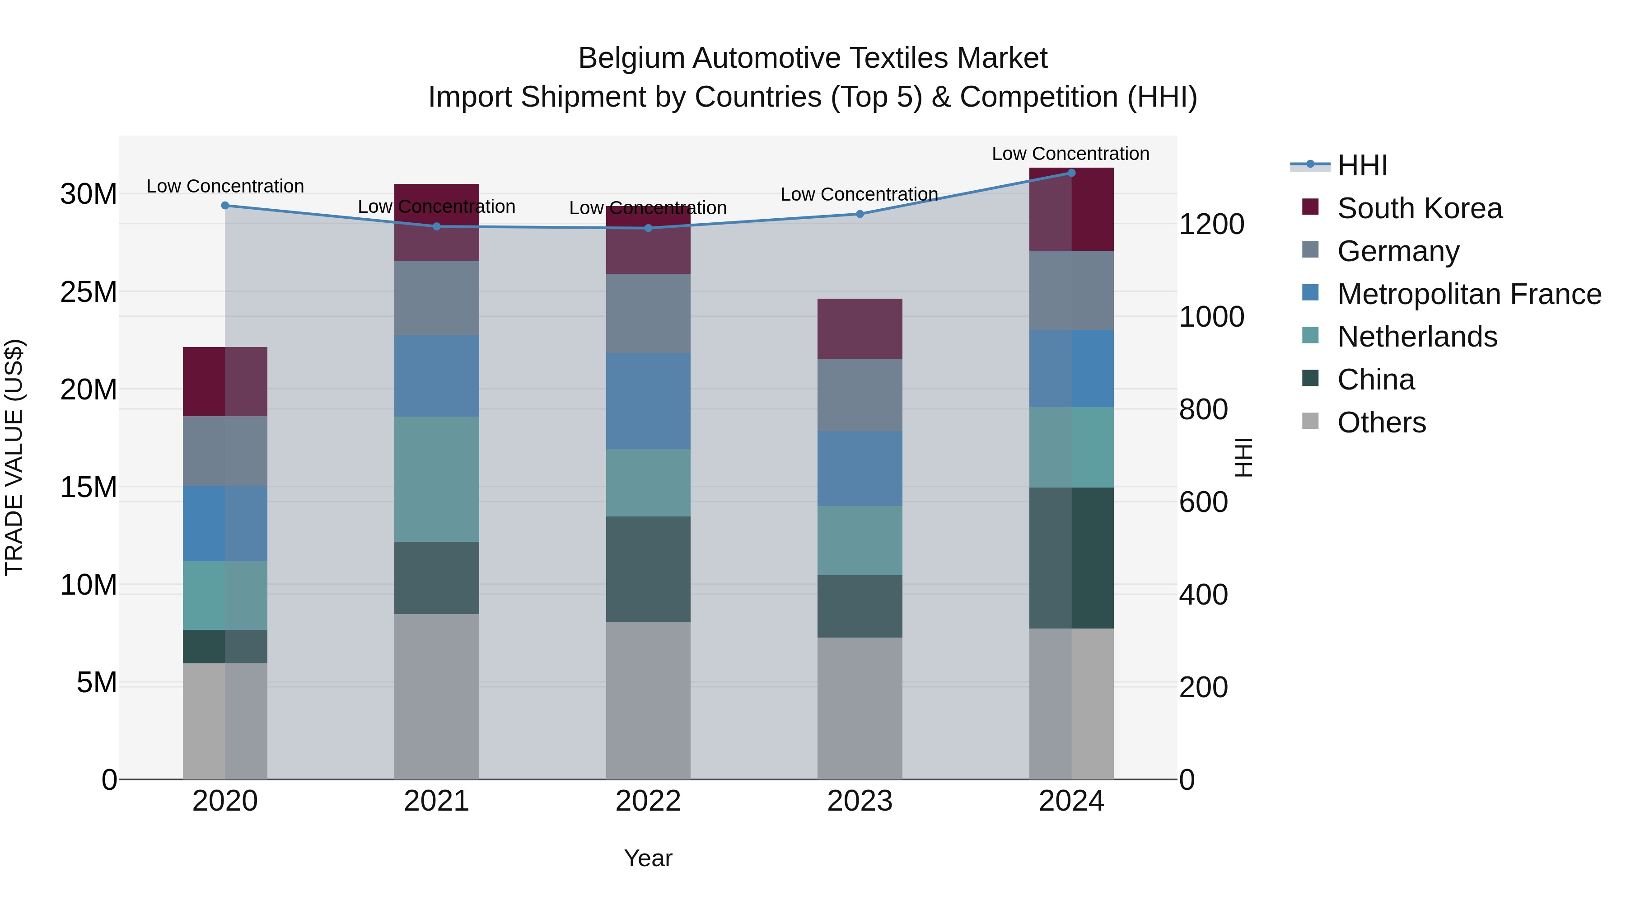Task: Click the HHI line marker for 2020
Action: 225,205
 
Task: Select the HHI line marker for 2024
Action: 1071,173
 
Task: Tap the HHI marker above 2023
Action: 860,214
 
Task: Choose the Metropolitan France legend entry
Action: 1468,294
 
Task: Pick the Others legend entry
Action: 1381,422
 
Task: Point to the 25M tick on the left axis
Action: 89,292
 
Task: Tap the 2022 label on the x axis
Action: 648,801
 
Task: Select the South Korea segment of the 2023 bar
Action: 860,328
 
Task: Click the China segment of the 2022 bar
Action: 648,568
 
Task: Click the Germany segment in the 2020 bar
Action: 225,451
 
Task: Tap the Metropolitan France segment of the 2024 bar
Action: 1071,368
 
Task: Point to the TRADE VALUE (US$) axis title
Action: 14,457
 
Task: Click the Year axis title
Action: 648,858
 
